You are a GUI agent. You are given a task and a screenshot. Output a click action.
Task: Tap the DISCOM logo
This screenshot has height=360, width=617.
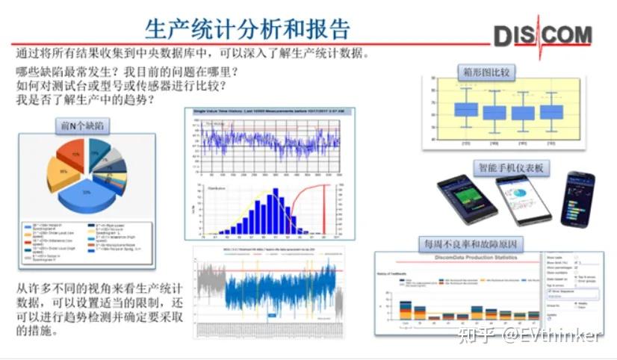pos(542,34)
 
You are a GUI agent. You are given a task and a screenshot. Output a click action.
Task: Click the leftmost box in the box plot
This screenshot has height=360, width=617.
pos(465,110)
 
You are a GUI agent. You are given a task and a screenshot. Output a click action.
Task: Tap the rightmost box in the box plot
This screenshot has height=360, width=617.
pos(551,112)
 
